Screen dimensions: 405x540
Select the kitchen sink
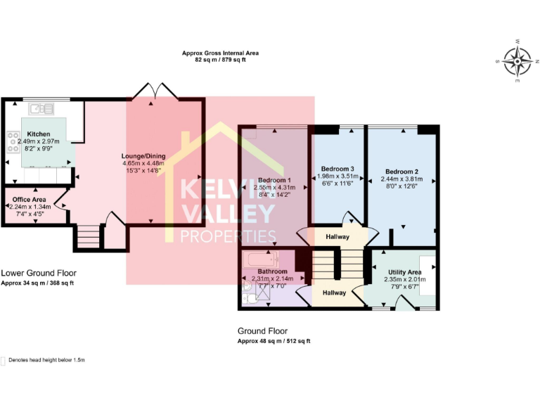[41, 108]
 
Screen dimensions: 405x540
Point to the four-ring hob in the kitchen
[12, 142]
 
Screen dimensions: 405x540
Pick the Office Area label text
[30, 200]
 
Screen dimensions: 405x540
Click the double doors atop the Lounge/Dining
[153, 91]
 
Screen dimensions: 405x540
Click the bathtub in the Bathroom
[261, 260]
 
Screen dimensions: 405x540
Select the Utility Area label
[404, 271]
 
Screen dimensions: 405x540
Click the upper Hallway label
[337, 237]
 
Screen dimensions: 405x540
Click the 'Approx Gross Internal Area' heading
[215, 53]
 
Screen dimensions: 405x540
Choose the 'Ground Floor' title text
[262, 331]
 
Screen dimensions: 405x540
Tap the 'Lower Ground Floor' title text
[39, 273]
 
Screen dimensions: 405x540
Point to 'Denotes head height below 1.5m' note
[46, 360]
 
